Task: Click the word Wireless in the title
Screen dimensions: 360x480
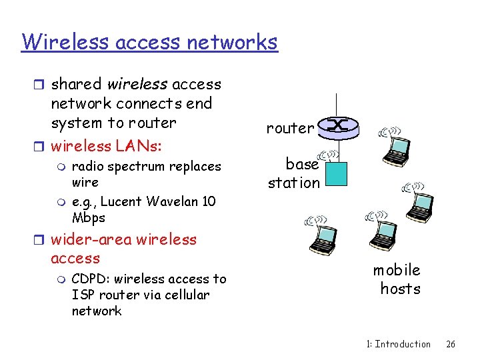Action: pos(65,42)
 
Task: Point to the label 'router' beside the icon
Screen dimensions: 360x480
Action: pos(290,128)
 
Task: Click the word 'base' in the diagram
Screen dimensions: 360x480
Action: pos(302,164)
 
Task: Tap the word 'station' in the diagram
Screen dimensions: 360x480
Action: pos(294,182)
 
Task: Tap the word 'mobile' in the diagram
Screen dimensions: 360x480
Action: pos(397,270)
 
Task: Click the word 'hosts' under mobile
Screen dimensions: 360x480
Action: pos(400,289)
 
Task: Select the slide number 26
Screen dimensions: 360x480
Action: pos(451,344)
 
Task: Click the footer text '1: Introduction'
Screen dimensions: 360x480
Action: pos(399,344)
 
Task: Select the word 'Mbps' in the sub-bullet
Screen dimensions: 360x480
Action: pos(88,217)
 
